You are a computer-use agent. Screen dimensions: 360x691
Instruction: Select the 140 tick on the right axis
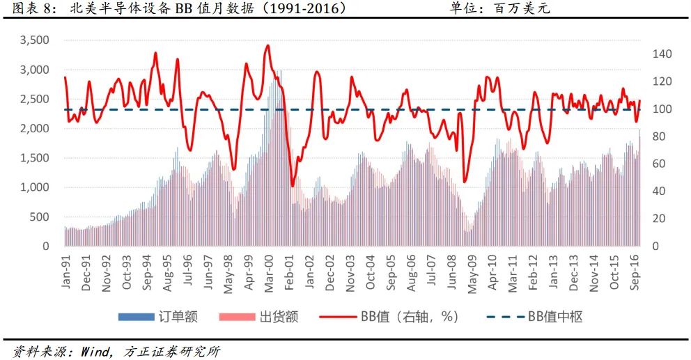pos(662,54)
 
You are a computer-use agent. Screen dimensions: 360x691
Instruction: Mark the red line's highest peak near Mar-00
pos(267,45)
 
